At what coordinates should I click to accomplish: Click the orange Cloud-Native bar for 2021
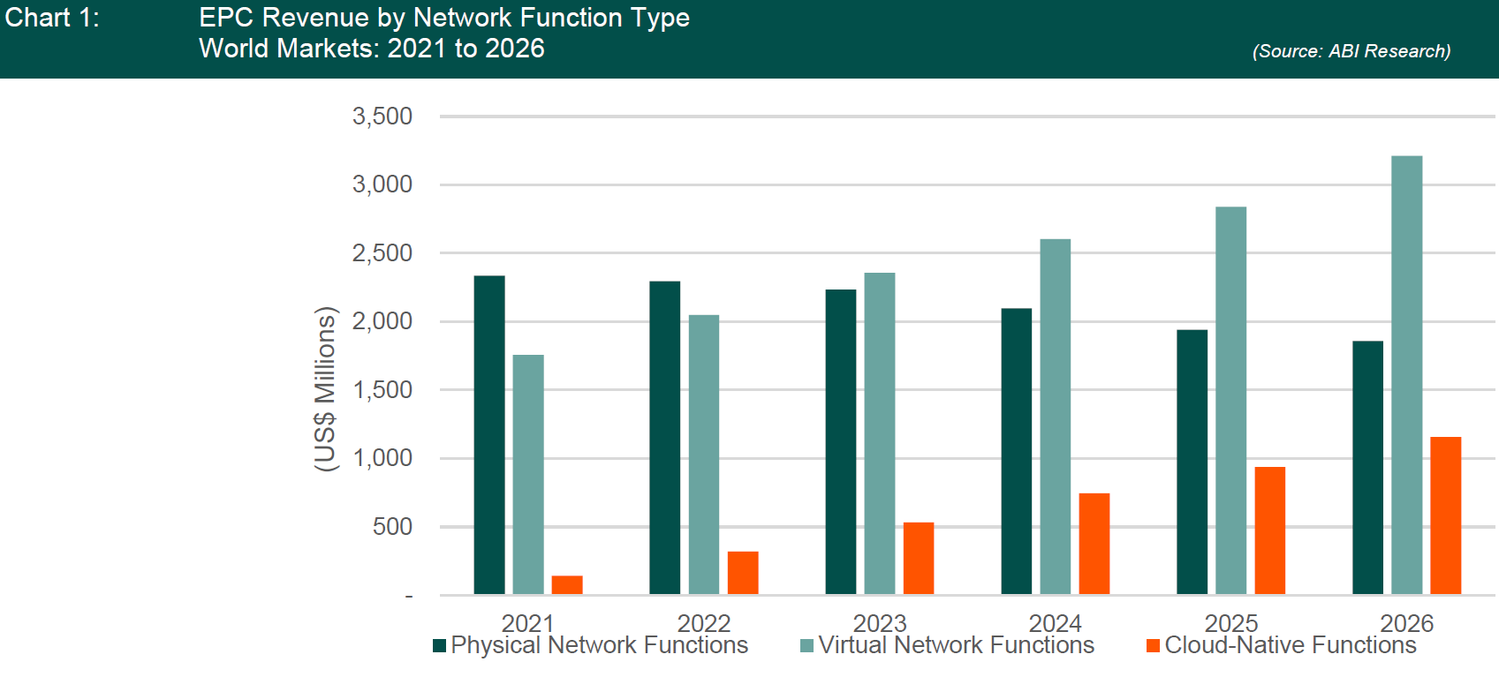(x=567, y=584)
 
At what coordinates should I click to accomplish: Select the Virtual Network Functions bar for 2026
(x=1406, y=375)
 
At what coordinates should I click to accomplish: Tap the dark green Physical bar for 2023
(x=841, y=441)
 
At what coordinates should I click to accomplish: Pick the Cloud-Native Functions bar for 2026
(x=1446, y=515)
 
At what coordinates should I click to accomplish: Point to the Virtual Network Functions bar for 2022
(x=704, y=455)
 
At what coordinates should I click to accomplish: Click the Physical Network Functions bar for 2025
(x=1192, y=462)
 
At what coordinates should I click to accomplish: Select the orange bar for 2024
(x=1094, y=544)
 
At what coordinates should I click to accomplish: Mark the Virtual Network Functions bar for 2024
(x=1056, y=417)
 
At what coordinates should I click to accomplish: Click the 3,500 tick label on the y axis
(x=382, y=117)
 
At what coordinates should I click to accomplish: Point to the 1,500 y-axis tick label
(x=382, y=390)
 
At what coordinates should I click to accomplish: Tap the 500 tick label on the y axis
(x=392, y=527)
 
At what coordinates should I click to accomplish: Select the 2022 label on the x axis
(x=704, y=623)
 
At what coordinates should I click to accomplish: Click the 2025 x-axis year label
(x=1231, y=623)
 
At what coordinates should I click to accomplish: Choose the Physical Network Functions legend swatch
(x=439, y=646)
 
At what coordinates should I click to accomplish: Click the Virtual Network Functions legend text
(x=956, y=645)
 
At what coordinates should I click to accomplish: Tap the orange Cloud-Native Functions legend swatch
(x=1153, y=646)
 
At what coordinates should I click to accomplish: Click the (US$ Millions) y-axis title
(x=325, y=389)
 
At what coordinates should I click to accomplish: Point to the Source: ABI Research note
(x=1351, y=51)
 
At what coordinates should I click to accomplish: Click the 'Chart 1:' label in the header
(x=52, y=18)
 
